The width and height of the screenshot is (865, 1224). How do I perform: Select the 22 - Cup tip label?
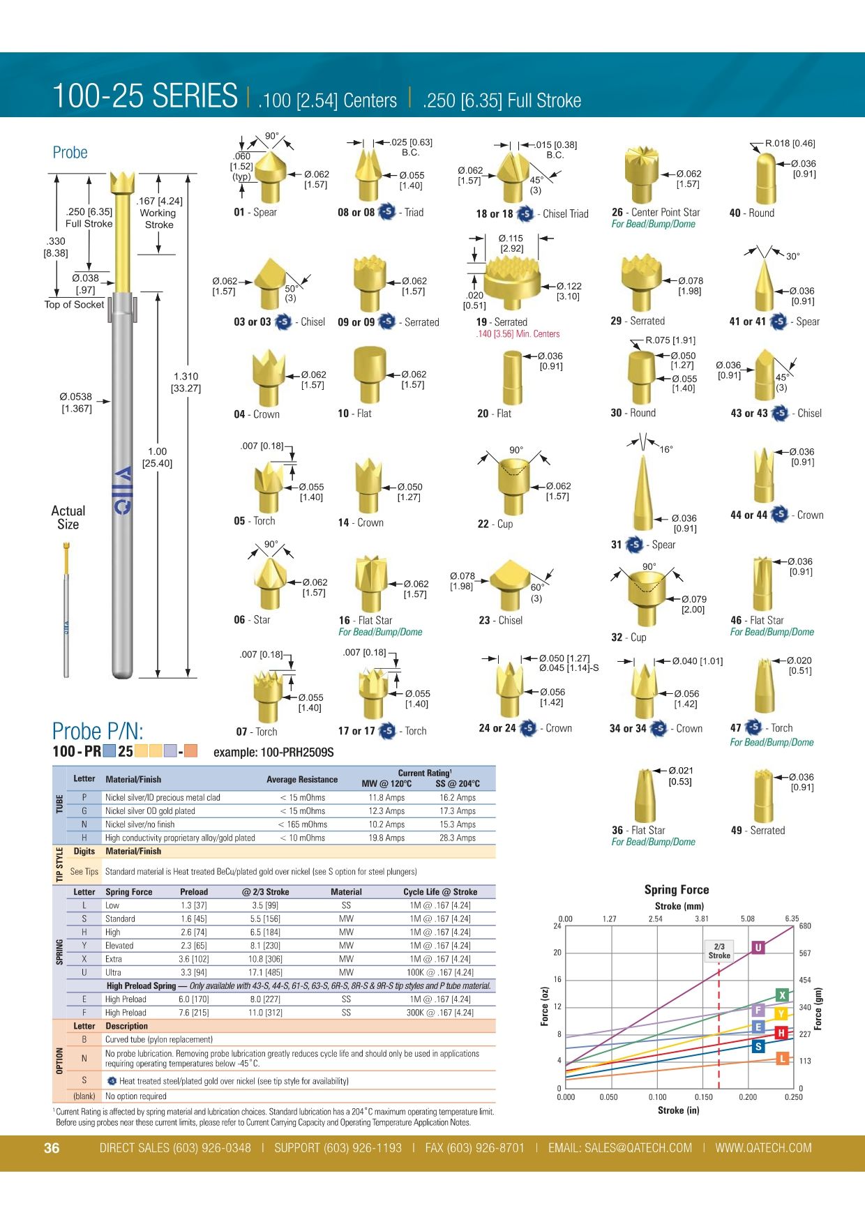(x=495, y=524)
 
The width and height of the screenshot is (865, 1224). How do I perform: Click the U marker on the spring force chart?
(x=758, y=947)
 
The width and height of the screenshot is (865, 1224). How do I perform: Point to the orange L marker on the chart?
(x=783, y=1059)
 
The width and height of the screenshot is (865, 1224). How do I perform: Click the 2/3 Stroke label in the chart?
(x=719, y=951)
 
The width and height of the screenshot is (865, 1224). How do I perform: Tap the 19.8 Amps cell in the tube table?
(x=386, y=838)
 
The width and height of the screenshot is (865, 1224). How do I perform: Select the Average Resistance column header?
(x=302, y=779)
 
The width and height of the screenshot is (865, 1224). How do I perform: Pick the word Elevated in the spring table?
(x=119, y=946)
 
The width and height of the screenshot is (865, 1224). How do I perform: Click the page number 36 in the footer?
(x=52, y=1148)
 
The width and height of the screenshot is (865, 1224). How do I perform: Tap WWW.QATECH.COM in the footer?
(x=763, y=1148)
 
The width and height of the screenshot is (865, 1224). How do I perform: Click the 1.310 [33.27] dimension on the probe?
(x=186, y=382)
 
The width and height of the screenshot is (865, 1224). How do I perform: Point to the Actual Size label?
(x=68, y=517)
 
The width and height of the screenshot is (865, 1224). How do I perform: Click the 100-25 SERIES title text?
(x=145, y=96)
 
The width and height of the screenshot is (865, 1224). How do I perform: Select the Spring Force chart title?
(x=676, y=890)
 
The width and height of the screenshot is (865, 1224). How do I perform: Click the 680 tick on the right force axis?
(x=805, y=926)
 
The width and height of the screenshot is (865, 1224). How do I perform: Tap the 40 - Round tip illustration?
(x=766, y=178)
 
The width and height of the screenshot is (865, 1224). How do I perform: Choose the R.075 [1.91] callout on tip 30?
(x=670, y=340)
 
